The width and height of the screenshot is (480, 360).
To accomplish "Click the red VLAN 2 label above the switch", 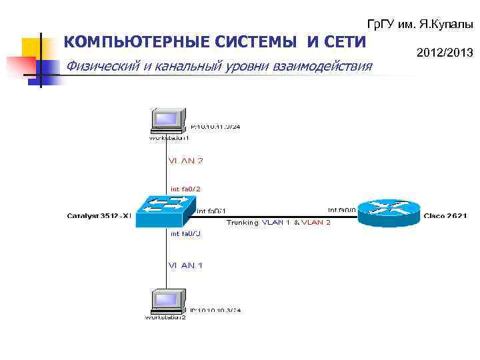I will coord(185,161).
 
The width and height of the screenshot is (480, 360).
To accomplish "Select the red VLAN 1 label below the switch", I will coord(185,265).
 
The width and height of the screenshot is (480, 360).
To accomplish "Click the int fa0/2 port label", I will coord(186,189).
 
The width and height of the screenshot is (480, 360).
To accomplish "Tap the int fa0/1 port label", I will coord(212,211).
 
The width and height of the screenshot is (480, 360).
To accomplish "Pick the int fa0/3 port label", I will coord(185,234).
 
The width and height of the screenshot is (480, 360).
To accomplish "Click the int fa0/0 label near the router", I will coord(342,211).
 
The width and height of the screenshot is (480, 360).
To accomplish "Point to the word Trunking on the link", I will coord(241,222).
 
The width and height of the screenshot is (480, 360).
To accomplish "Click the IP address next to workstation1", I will coord(216,125).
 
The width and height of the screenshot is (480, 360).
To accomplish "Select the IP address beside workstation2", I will coord(215,310).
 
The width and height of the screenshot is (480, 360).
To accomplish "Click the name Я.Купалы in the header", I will coord(447,24).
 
